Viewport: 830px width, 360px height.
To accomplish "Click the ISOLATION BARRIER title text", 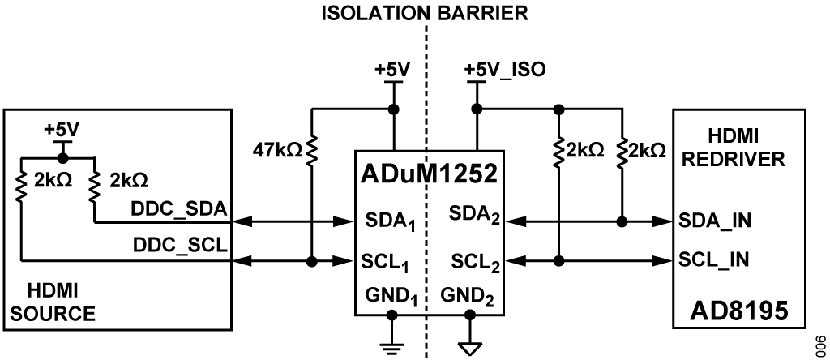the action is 425,13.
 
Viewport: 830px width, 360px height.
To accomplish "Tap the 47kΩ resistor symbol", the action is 312,150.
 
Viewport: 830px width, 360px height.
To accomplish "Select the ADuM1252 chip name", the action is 430,174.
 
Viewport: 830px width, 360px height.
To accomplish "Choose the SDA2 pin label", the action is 474,214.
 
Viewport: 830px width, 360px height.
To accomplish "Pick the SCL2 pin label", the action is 475,261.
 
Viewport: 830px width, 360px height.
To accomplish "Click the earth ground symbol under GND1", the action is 391,349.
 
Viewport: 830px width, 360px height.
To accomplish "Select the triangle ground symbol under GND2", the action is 469,349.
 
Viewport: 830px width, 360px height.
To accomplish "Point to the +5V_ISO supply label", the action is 504,70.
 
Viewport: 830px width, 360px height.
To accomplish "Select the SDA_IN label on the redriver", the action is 714,221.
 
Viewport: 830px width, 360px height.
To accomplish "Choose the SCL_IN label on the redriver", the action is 713,261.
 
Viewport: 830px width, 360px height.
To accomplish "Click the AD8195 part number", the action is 739,312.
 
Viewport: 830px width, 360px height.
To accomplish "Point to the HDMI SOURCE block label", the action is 53,302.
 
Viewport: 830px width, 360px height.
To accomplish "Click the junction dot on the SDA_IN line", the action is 622,222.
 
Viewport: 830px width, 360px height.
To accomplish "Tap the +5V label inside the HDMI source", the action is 62,129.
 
